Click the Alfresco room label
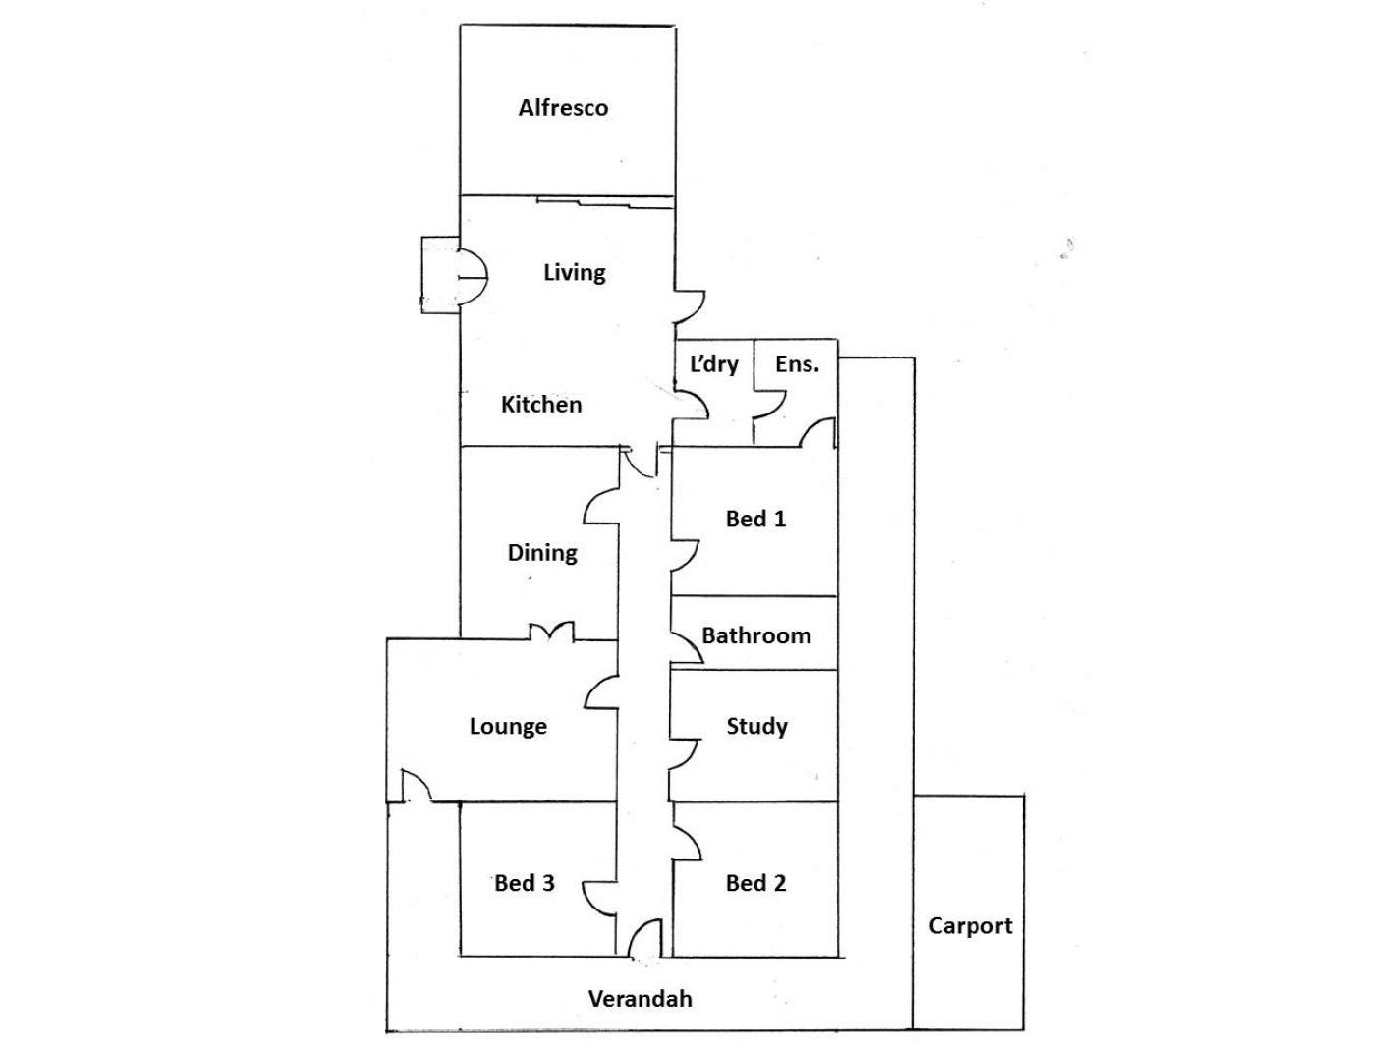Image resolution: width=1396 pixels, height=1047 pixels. (563, 108)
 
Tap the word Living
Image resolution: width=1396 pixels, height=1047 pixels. (574, 272)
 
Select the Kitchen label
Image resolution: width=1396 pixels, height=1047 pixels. (541, 404)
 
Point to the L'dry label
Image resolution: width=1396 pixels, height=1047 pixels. (713, 364)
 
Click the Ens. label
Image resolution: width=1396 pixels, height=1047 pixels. (796, 364)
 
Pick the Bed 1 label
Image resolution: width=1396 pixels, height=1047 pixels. (755, 519)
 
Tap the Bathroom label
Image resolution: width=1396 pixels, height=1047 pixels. (755, 635)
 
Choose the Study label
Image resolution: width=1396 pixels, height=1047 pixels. (756, 727)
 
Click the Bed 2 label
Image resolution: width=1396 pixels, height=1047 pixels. (755, 883)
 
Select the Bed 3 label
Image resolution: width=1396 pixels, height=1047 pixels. (524, 883)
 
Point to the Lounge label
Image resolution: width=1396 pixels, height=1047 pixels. (508, 727)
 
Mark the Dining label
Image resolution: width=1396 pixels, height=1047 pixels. (541, 553)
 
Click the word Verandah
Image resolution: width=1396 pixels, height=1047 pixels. (640, 999)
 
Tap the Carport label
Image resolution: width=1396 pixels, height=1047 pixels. (970, 925)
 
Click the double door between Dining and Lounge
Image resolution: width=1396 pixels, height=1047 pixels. (551, 634)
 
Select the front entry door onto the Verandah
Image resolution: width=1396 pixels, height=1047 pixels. (644, 940)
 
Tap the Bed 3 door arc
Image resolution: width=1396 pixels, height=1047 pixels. (600, 897)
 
